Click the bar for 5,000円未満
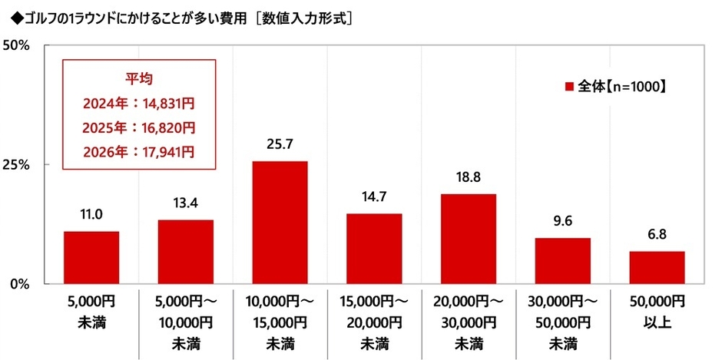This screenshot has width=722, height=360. click(91, 257)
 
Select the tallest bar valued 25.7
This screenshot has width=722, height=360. click(280, 223)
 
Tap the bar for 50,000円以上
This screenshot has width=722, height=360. click(657, 267)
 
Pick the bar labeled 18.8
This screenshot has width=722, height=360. click(468, 239)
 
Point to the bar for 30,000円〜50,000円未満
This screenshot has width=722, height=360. click(562, 261)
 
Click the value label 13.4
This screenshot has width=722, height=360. click(185, 205)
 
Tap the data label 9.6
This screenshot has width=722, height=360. click(562, 223)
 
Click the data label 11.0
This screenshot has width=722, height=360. click(91, 216)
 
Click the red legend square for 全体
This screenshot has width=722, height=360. click(569, 87)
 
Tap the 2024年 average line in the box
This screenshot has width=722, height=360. click(140, 102)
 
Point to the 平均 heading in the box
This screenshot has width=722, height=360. click(140, 78)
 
